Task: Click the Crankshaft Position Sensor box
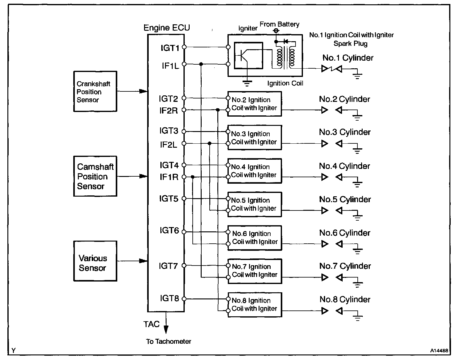pos(95,91)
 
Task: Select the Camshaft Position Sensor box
pos(95,176)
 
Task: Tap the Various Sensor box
pos(95,261)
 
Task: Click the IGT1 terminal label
pos(170,48)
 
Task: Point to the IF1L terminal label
pos(170,66)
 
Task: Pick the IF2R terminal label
pos(168,110)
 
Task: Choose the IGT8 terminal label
pos(169,298)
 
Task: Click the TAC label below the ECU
pos(151,324)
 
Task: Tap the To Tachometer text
pos(169,341)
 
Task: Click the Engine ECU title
pos(167,28)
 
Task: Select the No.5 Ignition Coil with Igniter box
pos(255,204)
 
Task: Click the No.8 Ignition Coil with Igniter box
pos(255,305)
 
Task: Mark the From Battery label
pos(280,24)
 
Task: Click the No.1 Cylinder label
pos(348,58)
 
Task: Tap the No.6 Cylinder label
pos(345,233)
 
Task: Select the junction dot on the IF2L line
pos(210,143)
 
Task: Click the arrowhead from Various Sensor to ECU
pos(143,261)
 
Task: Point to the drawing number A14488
pos(439,350)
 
